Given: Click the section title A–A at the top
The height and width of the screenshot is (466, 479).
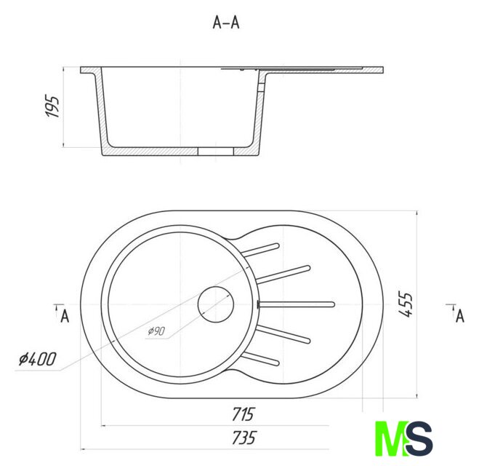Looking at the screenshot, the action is tap(226, 23).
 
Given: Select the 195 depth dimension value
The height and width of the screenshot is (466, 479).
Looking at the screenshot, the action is tap(52, 107).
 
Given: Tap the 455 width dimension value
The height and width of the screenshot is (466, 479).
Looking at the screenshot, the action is tap(406, 304).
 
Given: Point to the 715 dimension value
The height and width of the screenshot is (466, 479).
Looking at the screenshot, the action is tap(243, 414).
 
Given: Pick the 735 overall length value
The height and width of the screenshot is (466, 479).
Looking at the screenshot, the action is tap(243, 438).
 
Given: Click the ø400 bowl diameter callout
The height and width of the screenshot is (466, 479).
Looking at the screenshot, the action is tap(38, 359).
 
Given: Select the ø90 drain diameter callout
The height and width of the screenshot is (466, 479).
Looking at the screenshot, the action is tap(156, 331).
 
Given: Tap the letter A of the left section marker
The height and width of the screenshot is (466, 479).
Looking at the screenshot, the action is tap(65, 316).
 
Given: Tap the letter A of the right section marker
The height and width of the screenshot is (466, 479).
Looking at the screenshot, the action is tap(460, 316).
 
